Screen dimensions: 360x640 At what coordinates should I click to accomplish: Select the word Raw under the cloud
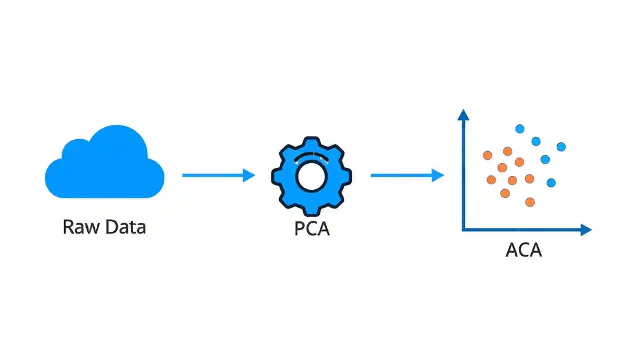79,227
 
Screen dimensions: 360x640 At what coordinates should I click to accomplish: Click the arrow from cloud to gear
215,175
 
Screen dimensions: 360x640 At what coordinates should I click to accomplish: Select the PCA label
312,228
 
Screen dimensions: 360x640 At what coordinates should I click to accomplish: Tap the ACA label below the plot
523,250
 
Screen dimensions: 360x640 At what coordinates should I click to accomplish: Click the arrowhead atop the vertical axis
464,115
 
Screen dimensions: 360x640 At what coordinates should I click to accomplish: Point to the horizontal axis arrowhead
586,230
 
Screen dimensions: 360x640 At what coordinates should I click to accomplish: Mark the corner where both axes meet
464,230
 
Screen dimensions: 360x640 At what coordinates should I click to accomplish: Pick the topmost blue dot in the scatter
520,129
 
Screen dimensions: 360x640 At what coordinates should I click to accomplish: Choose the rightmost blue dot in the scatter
561,147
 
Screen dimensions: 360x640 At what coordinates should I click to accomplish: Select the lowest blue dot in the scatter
551,183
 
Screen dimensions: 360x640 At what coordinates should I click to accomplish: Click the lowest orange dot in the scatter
530,202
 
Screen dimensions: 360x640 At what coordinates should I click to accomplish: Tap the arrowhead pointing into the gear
249,175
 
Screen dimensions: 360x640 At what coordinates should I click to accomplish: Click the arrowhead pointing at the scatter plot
438,175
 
